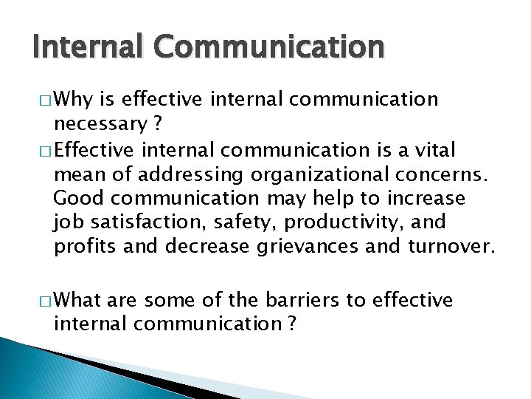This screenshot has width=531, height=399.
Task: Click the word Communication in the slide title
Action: pyautogui.click(x=267, y=48)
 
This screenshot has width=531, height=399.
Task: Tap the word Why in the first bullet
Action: pyautogui.click(x=94, y=99)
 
